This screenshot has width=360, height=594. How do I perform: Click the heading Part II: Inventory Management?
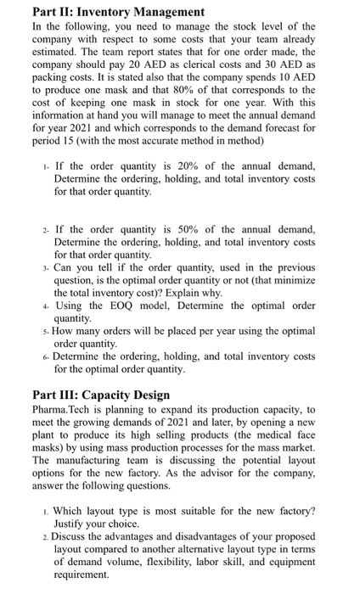(106, 12)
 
